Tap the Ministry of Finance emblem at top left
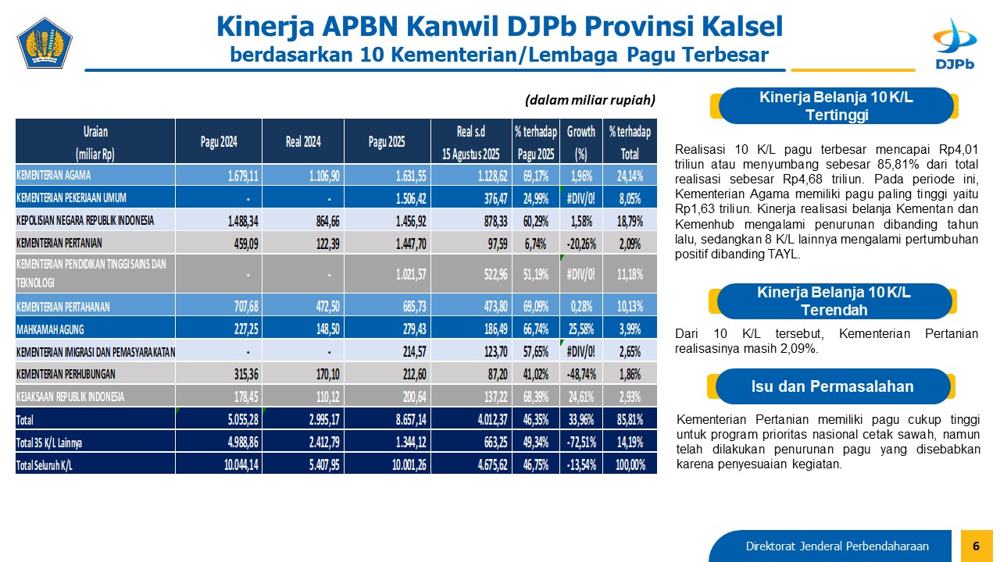coord(45,44)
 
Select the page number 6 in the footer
coord(976,546)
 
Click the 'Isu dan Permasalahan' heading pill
coord(832,386)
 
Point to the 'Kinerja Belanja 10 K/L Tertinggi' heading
coord(836,106)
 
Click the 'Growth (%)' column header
coord(580,142)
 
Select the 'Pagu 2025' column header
coord(387,142)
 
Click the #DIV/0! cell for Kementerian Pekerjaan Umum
coord(580,197)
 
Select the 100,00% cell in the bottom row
coord(630,464)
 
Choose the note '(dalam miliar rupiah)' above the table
coord(590,100)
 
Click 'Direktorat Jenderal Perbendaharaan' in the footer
coord(837,546)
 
